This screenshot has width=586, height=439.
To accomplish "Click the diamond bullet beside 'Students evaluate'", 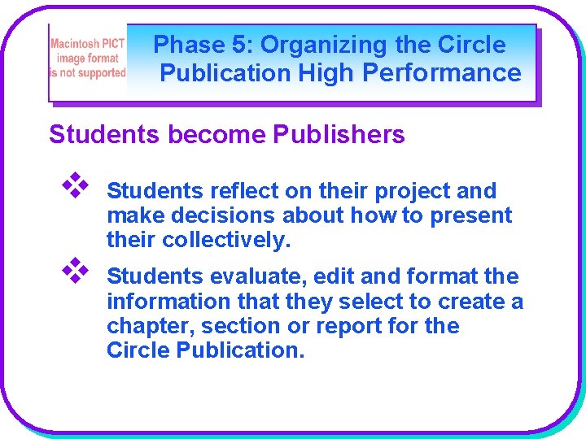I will point(75,268).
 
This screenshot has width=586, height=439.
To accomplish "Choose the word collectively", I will point(225,241).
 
